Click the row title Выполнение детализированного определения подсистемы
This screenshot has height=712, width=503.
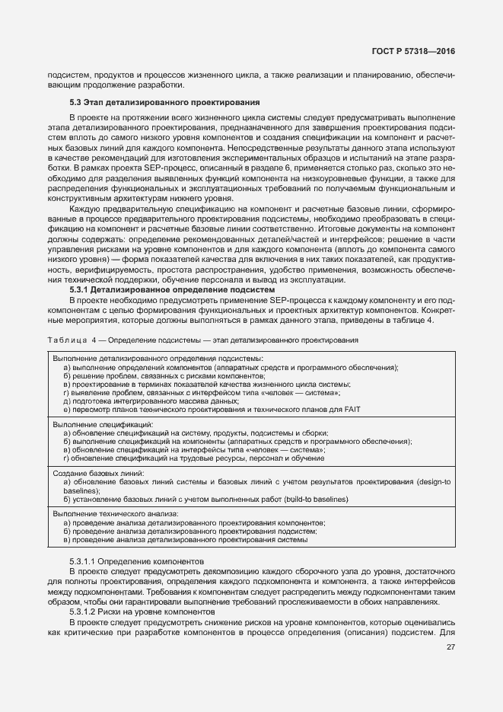pos(158,358)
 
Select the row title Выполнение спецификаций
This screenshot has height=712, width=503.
pos(103,424)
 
